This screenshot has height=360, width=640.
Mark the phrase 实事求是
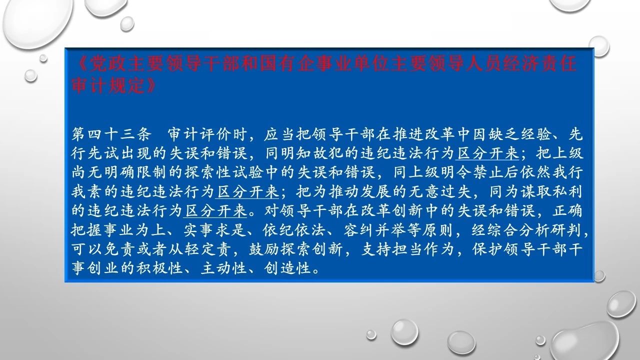point(214,230)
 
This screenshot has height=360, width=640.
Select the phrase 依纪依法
point(294,230)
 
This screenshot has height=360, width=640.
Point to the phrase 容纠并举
point(374,230)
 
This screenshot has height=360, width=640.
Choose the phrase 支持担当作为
point(407,249)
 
